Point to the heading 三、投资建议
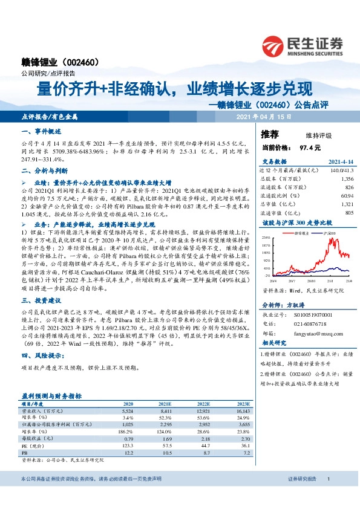(41, 300)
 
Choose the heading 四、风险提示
(41, 356)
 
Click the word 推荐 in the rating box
(270, 134)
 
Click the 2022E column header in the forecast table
(200, 403)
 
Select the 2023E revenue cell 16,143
(241, 410)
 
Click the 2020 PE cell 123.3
(128, 444)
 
